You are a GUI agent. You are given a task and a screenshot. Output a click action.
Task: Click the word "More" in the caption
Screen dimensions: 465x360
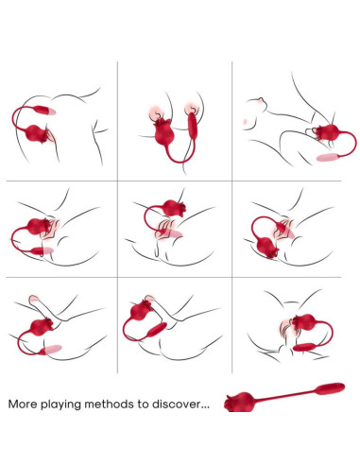coord(26,404)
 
